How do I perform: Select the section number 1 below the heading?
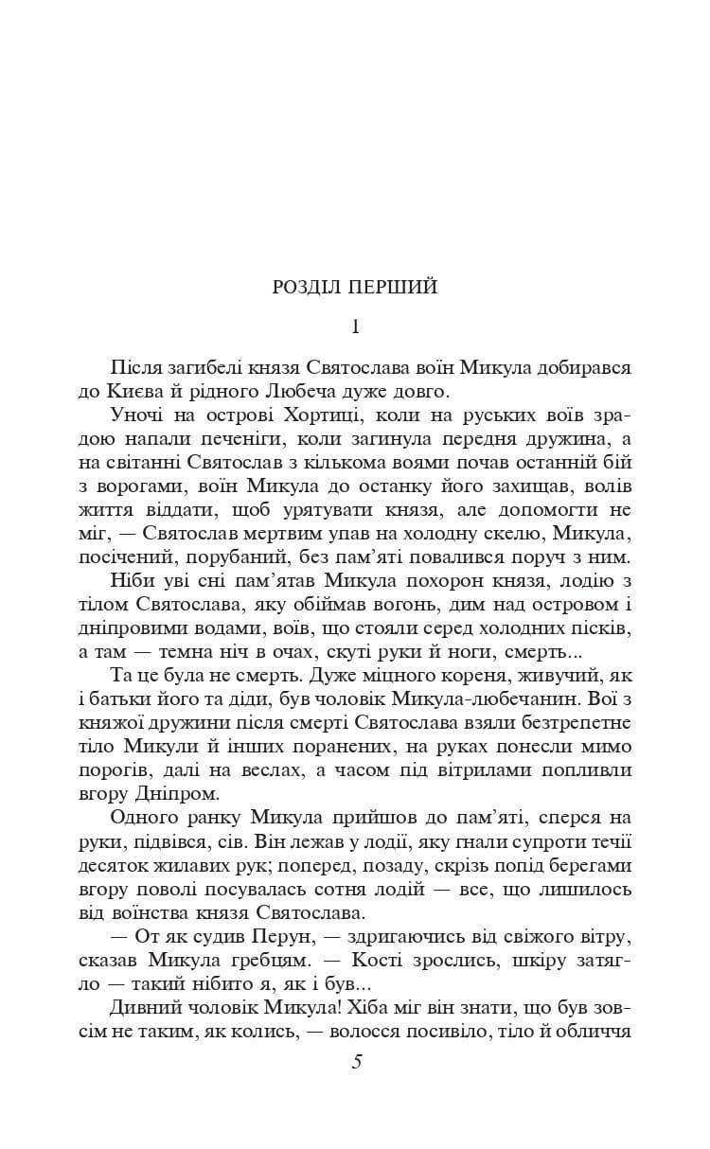click(355, 327)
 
